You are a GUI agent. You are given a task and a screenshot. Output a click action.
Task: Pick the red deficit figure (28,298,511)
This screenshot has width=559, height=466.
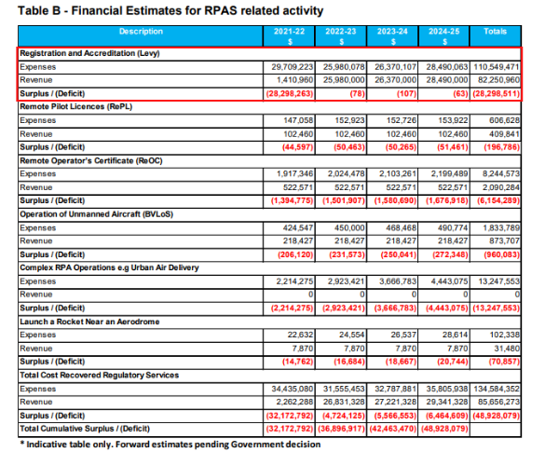pyautogui.click(x=497, y=94)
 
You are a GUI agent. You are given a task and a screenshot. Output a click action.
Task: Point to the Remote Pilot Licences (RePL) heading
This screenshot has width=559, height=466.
pyautogui.click(x=76, y=107)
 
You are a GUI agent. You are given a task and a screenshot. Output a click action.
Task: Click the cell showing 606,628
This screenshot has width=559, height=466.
pyautogui.click(x=504, y=120)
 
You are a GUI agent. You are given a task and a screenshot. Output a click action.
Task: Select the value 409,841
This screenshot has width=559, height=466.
pyautogui.click(x=504, y=134)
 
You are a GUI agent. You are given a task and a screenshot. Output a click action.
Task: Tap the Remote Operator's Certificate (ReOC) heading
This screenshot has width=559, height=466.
pyautogui.click(x=91, y=161)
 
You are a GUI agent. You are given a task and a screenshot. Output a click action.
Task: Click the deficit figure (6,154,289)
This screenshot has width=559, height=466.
pyautogui.click(x=498, y=200)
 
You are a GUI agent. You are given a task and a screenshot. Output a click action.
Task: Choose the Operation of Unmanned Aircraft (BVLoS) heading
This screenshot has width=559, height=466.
pyautogui.click(x=96, y=214)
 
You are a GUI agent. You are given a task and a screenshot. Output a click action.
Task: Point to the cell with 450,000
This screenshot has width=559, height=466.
pyautogui.click(x=349, y=227)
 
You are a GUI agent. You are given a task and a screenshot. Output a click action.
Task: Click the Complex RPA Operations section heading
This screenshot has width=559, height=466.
pyautogui.click(x=109, y=267)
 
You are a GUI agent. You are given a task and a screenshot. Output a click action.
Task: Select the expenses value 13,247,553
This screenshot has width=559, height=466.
pyautogui.click(x=498, y=281)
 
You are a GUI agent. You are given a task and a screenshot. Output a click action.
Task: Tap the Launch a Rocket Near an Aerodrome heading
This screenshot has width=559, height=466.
pyautogui.click(x=89, y=322)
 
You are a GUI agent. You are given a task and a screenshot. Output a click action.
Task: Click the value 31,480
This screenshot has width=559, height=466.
pyautogui.click(x=507, y=349)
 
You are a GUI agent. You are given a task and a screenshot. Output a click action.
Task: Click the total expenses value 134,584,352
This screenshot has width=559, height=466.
pyautogui.click(x=497, y=389)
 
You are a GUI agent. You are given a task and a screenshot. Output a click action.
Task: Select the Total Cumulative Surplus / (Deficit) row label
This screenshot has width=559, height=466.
pyautogui.click(x=85, y=429)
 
